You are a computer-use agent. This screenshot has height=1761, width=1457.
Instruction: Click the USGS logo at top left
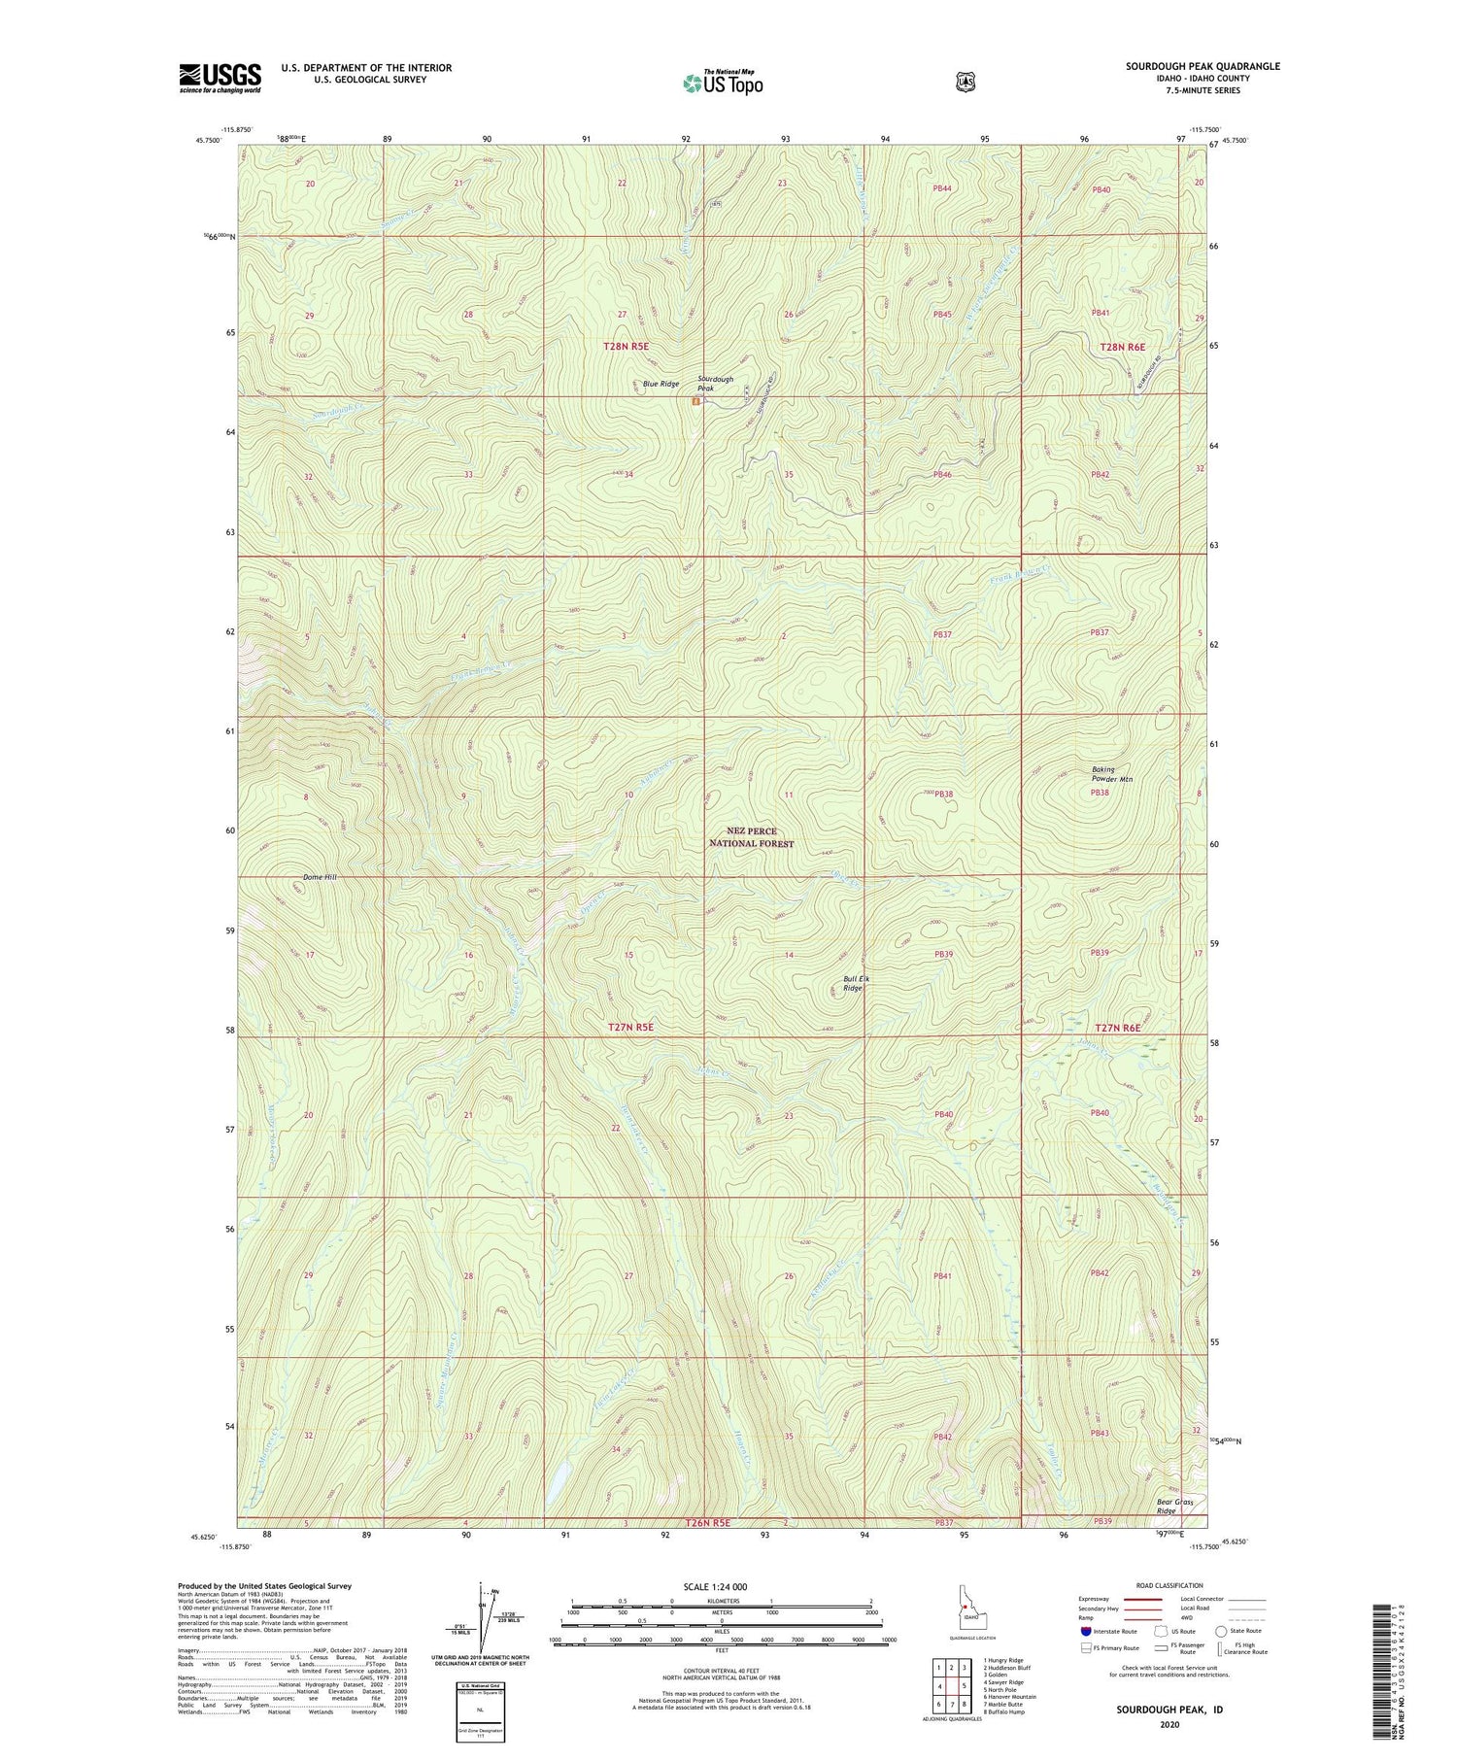pyautogui.click(x=220, y=78)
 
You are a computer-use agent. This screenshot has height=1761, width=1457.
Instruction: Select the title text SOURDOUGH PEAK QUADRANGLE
pyautogui.click(x=1203, y=66)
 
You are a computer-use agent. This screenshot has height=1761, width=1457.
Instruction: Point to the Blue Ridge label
pyautogui.click(x=661, y=384)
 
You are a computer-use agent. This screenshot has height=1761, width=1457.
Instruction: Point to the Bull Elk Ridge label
pyautogui.click(x=855, y=983)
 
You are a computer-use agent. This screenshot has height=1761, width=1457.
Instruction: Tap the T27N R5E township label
pyautogui.click(x=630, y=1027)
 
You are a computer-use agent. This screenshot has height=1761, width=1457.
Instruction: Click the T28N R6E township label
pyautogui.click(x=1122, y=347)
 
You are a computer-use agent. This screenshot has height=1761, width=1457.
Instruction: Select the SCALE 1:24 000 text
pyautogui.click(x=721, y=1586)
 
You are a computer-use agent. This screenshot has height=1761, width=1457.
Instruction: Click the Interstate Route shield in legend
pyautogui.click(x=1086, y=1631)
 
